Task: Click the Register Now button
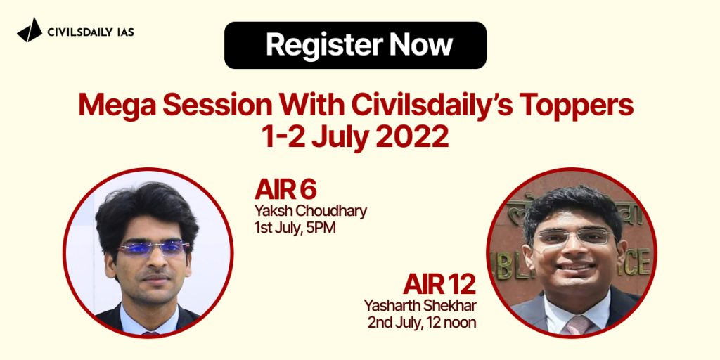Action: pyautogui.click(x=355, y=45)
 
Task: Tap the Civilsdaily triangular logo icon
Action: pyautogui.click(x=30, y=30)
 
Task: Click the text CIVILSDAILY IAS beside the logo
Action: pyautogui.click(x=91, y=32)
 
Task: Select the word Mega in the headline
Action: pyautogui.click(x=117, y=105)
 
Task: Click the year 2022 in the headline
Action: pyautogui.click(x=412, y=137)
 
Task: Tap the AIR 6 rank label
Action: pyautogui.click(x=285, y=190)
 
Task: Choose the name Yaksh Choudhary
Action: pyautogui.click(x=310, y=211)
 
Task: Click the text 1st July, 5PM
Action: pyautogui.click(x=295, y=227)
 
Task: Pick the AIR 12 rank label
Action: pyautogui.click(x=439, y=285)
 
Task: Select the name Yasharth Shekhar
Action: pyautogui.click(x=420, y=305)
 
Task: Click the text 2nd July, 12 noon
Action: pyautogui.click(x=422, y=322)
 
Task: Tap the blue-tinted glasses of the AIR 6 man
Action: pyautogui.click(x=154, y=248)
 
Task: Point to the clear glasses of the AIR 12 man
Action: pyautogui.click(x=574, y=237)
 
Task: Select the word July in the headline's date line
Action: pyautogui.click(x=340, y=138)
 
